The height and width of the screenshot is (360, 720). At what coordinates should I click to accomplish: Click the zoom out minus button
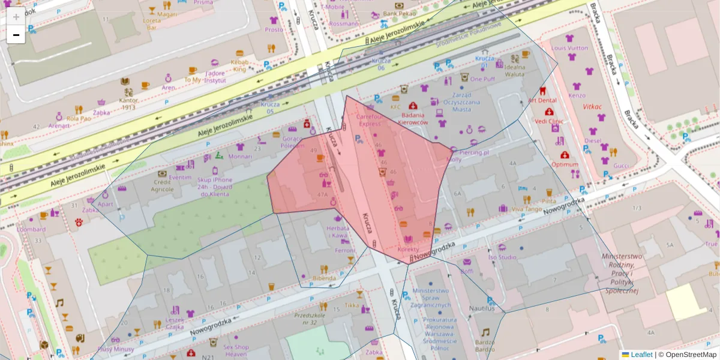tap(16, 35)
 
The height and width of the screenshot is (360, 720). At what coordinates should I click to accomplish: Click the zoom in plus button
tap(16, 16)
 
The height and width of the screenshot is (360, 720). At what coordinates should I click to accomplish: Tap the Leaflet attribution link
tap(641, 355)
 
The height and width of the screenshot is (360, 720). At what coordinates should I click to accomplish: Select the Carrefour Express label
tap(370, 120)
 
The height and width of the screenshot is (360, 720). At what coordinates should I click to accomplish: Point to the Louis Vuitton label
tap(569, 48)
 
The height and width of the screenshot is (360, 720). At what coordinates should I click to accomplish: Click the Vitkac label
tap(592, 106)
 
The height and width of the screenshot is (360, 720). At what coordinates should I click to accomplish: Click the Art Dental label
tap(542, 101)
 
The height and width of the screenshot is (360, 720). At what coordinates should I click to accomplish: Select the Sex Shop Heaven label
tap(235, 350)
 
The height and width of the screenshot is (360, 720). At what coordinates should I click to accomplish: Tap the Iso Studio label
tap(502, 257)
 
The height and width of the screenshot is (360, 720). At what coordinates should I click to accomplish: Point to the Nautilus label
tap(482, 308)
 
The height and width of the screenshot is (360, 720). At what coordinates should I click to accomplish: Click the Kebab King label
tap(240, 65)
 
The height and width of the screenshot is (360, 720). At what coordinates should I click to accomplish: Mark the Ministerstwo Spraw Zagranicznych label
tap(431, 298)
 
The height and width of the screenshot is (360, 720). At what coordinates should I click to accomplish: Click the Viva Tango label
tap(527, 209)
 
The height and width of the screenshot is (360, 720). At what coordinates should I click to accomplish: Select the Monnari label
tap(240, 156)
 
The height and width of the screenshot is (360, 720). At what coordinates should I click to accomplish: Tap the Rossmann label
tap(344, 24)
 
